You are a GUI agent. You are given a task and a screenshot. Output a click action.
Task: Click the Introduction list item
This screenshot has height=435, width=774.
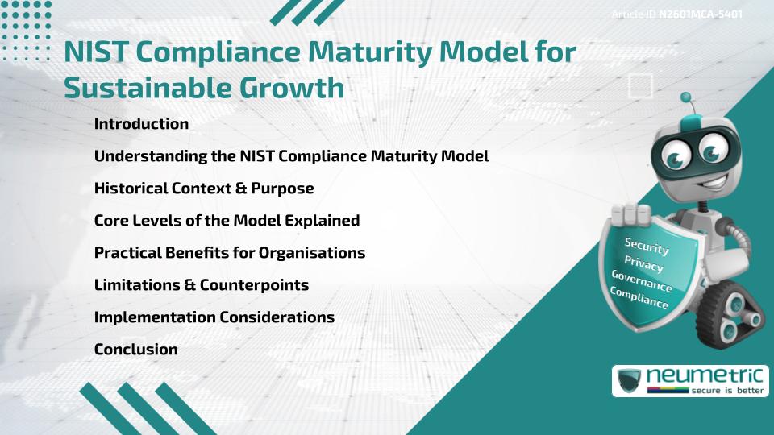[x=141, y=124]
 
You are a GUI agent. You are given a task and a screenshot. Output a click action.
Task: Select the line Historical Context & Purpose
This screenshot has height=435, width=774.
[x=204, y=188]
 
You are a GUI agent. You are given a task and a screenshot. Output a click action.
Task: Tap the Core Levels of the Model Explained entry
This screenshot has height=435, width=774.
[x=227, y=221]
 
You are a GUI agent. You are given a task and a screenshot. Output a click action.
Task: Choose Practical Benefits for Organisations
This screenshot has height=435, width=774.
[x=230, y=253]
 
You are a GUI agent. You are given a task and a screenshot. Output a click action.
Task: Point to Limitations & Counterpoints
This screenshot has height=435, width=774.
[x=202, y=285]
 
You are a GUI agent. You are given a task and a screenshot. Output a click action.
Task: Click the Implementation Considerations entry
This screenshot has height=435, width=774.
[x=214, y=317]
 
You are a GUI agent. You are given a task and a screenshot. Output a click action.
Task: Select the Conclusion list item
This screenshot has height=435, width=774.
[x=136, y=350]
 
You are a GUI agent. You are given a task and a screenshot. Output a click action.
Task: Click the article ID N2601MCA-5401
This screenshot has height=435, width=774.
[x=700, y=14]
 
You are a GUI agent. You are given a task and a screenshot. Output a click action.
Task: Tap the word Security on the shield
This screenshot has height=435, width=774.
[x=647, y=246]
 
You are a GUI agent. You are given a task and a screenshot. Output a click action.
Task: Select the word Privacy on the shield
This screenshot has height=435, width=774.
[x=644, y=264]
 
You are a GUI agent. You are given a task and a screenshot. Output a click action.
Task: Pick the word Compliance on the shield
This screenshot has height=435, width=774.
[x=639, y=298]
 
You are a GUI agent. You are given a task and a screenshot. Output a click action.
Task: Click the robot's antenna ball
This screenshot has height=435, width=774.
[x=687, y=98]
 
